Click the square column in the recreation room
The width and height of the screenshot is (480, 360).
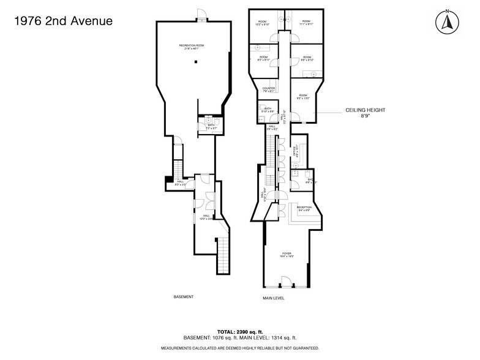click(x=195, y=62)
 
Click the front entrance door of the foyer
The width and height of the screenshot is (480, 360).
click(x=285, y=282)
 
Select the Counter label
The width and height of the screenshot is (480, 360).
click(x=269, y=89)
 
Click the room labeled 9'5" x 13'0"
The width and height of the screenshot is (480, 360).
click(x=303, y=97)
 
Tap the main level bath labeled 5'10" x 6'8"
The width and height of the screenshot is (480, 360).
click(x=268, y=111)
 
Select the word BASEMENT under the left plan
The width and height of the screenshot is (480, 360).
click(x=184, y=297)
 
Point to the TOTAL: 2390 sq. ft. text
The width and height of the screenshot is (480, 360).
click(x=239, y=331)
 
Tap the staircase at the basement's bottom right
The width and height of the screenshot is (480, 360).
click(x=224, y=255)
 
